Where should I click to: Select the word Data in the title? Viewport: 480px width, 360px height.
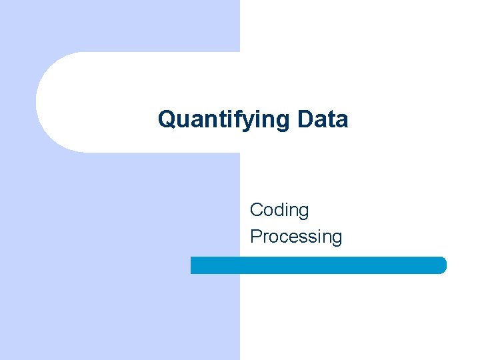(x=323, y=120)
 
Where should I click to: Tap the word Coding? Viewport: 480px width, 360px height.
(x=279, y=210)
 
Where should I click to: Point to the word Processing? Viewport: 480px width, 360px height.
(x=296, y=237)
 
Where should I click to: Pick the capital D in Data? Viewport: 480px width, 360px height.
(x=306, y=120)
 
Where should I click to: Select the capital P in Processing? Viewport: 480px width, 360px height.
(x=256, y=237)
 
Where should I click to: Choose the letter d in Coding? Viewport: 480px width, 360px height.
(x=283, y=210)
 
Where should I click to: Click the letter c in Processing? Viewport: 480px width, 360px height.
(x=285, y=237)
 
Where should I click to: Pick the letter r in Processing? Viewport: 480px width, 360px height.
(x=266, y=237)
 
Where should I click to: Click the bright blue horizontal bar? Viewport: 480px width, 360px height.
(x=319, y=265)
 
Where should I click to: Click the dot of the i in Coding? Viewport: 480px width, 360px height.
(x=291, y=203)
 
